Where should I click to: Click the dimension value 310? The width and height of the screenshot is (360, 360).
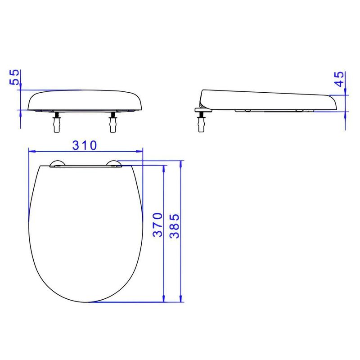point(85,145)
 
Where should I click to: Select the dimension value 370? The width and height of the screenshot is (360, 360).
point(158,225)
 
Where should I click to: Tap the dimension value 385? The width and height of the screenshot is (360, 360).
point(175,226)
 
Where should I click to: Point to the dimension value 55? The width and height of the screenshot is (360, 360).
point(14,77)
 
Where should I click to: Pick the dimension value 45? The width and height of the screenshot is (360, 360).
point(339,79)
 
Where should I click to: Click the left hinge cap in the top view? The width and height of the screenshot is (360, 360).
point(58,163)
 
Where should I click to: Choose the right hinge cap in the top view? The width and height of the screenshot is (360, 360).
point(114,163)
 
